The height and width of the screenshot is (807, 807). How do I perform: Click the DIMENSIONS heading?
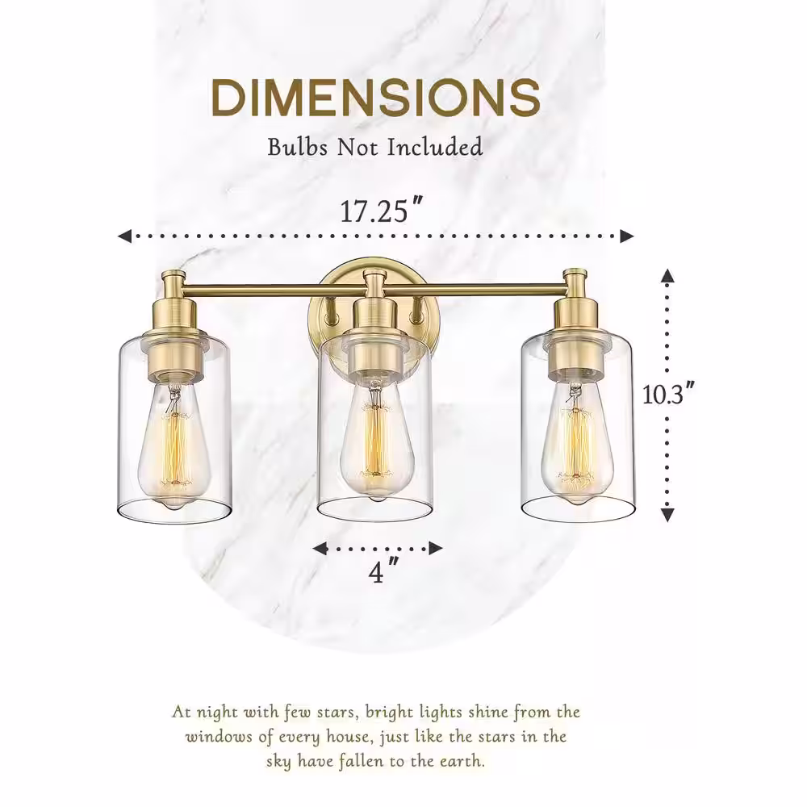(375, 98)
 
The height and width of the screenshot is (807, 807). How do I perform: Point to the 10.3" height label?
(669, 394)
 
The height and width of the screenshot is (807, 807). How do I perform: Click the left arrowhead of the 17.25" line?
(124, 236)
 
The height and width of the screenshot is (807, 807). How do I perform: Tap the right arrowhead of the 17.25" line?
(626, 236)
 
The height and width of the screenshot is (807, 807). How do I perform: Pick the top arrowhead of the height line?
(667, 276)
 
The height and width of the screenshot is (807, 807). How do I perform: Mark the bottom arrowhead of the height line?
(667, 513)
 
